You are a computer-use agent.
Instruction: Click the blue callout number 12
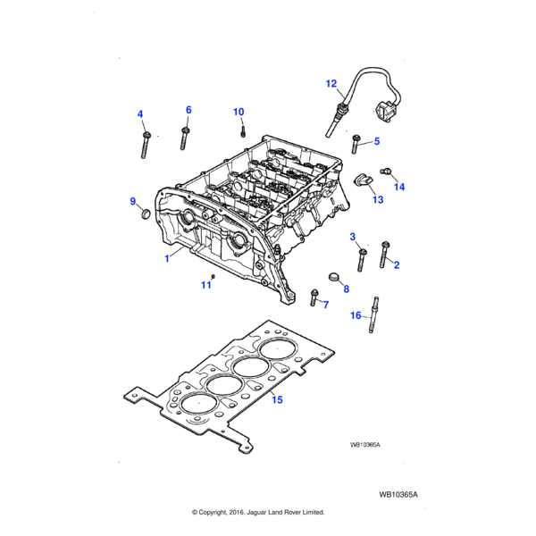(x=331, y=84)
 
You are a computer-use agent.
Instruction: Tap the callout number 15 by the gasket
(x=277, y=399)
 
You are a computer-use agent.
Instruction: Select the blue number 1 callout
(x=167, y=258)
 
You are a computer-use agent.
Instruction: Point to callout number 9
(x=133, y=201)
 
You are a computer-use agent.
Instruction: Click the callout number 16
(x=356, y=315)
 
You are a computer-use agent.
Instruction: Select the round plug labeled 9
(x=146, y=214)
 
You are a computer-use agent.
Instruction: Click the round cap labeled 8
(x=333, y=277)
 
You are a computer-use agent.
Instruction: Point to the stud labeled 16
(x=373, y=314)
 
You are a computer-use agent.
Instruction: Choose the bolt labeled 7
(x=314, y=297)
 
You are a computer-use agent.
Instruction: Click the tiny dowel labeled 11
(x=213, y=276)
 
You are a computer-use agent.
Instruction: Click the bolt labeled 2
(x=384, y=255)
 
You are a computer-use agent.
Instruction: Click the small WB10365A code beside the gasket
(x=365, y=445)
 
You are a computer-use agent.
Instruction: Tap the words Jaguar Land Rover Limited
(x=289, y=512)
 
